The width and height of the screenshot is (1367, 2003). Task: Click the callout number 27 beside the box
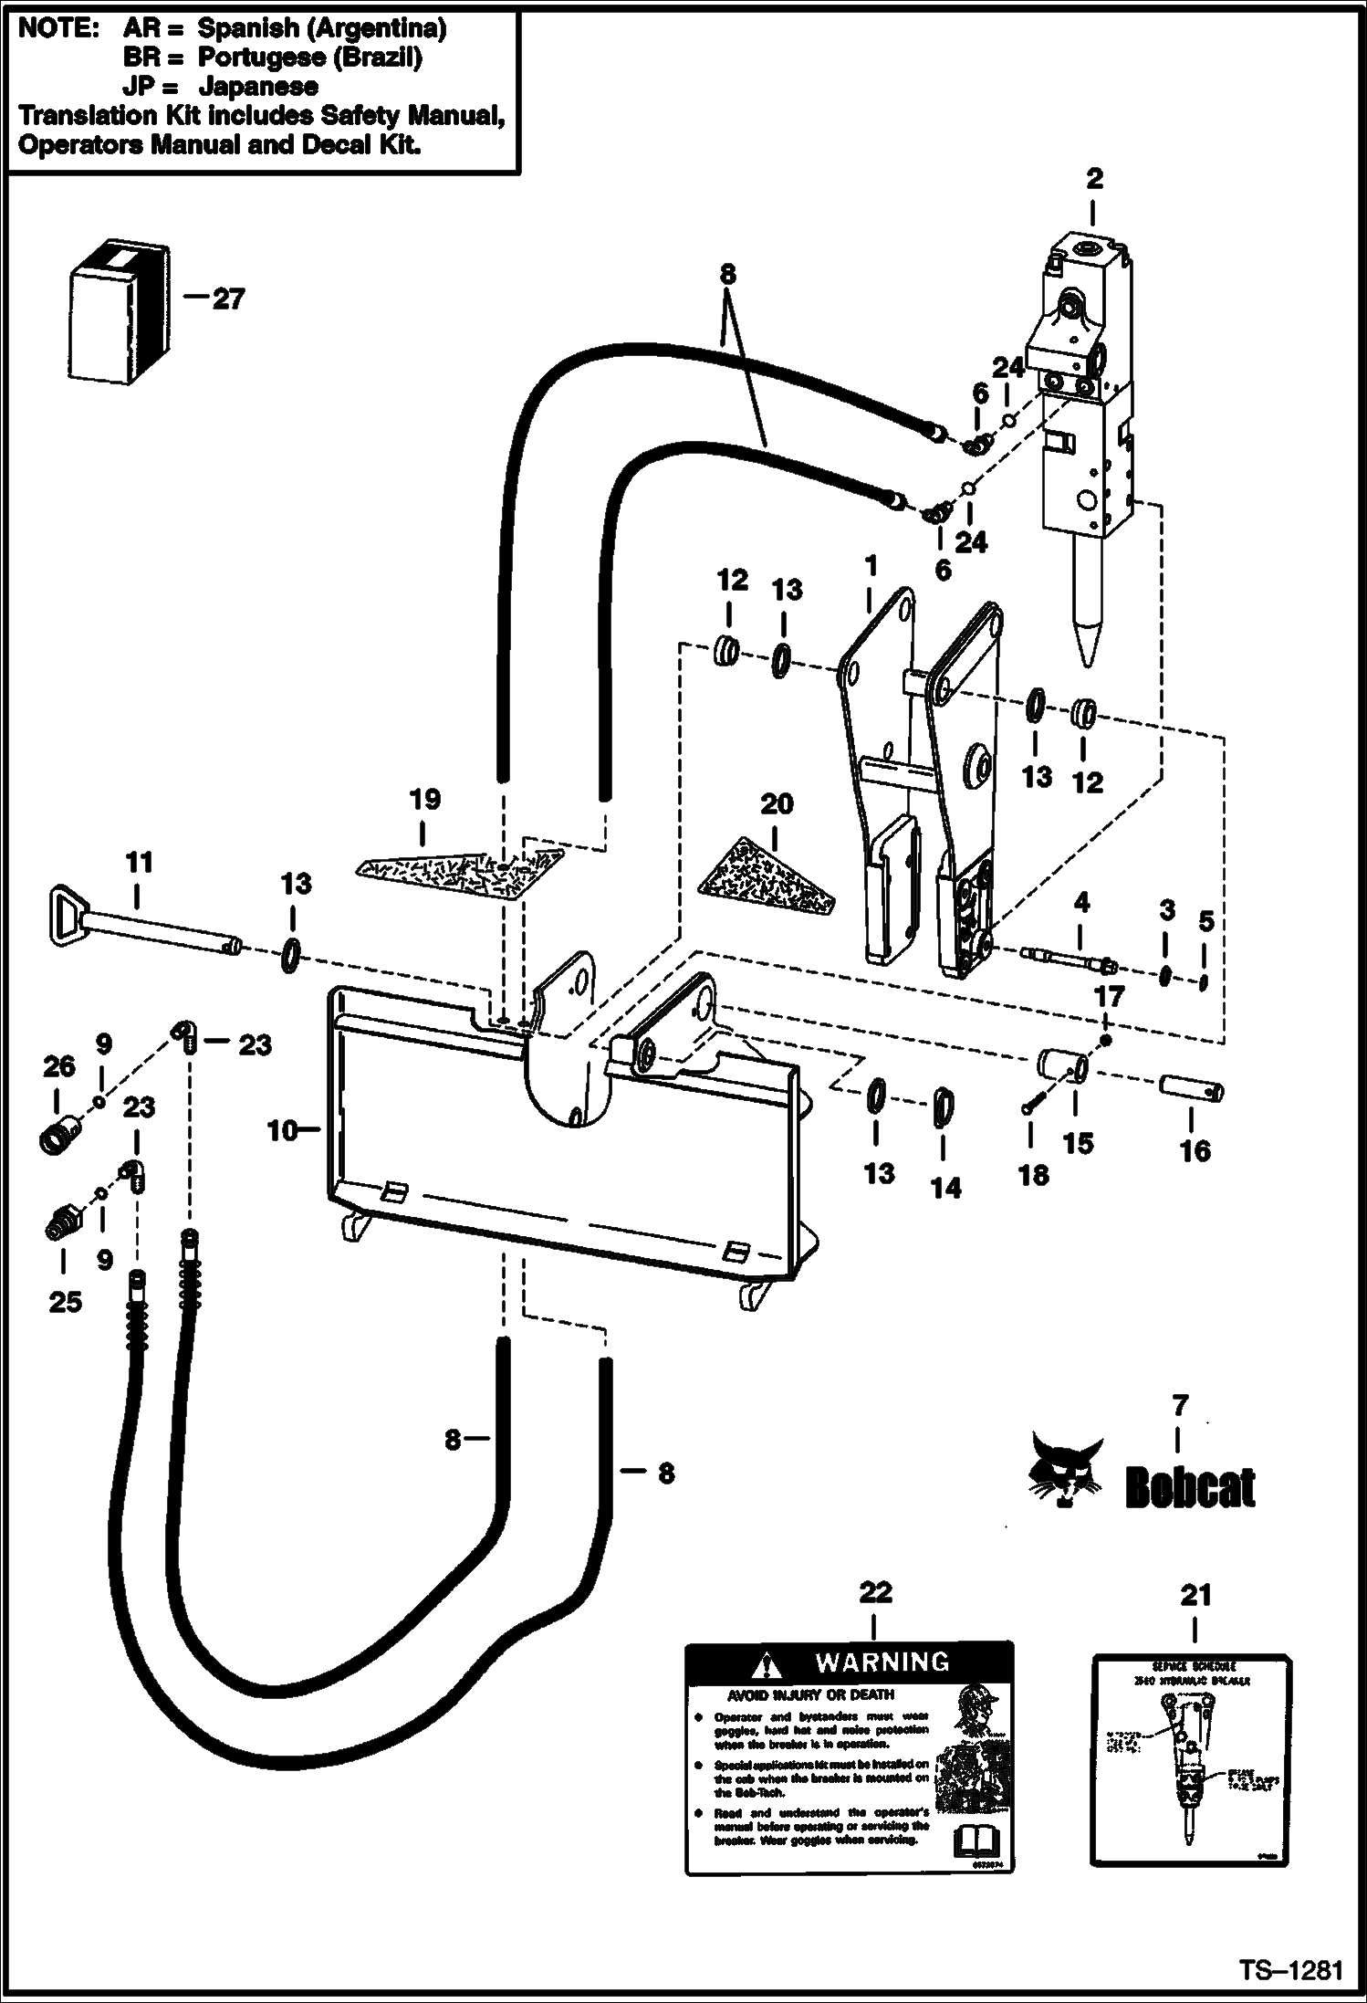click(228, 299)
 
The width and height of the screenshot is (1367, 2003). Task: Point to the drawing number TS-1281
click(1290, 1969)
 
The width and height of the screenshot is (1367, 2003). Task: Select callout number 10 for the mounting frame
click(282, 1130)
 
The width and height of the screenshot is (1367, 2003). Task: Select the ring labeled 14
click(944, 1108)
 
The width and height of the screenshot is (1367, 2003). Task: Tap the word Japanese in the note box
click(258, 87)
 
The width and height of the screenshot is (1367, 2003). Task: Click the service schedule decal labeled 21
click(1191, 1761)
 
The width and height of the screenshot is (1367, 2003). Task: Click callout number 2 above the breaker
click(1094, 179)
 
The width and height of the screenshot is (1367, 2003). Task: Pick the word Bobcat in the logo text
click(1190, 1488)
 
